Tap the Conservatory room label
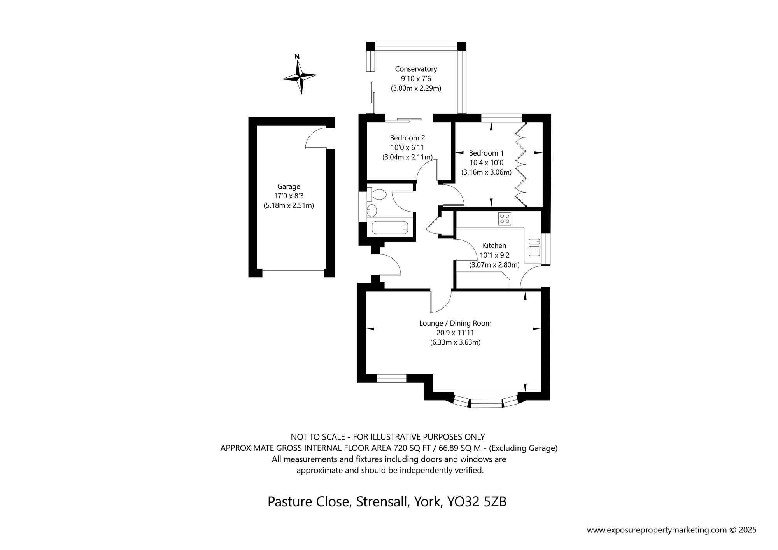[416, 69]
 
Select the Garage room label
[289, 186]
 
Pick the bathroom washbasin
[372, 211]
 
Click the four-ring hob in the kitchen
[505, 219]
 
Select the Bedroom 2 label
[407, 138]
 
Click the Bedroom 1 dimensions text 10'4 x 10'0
[486, 163]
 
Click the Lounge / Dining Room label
[455, 323]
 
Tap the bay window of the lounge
[486, 402]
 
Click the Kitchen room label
[494, 245]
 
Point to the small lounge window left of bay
[391, 378]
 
